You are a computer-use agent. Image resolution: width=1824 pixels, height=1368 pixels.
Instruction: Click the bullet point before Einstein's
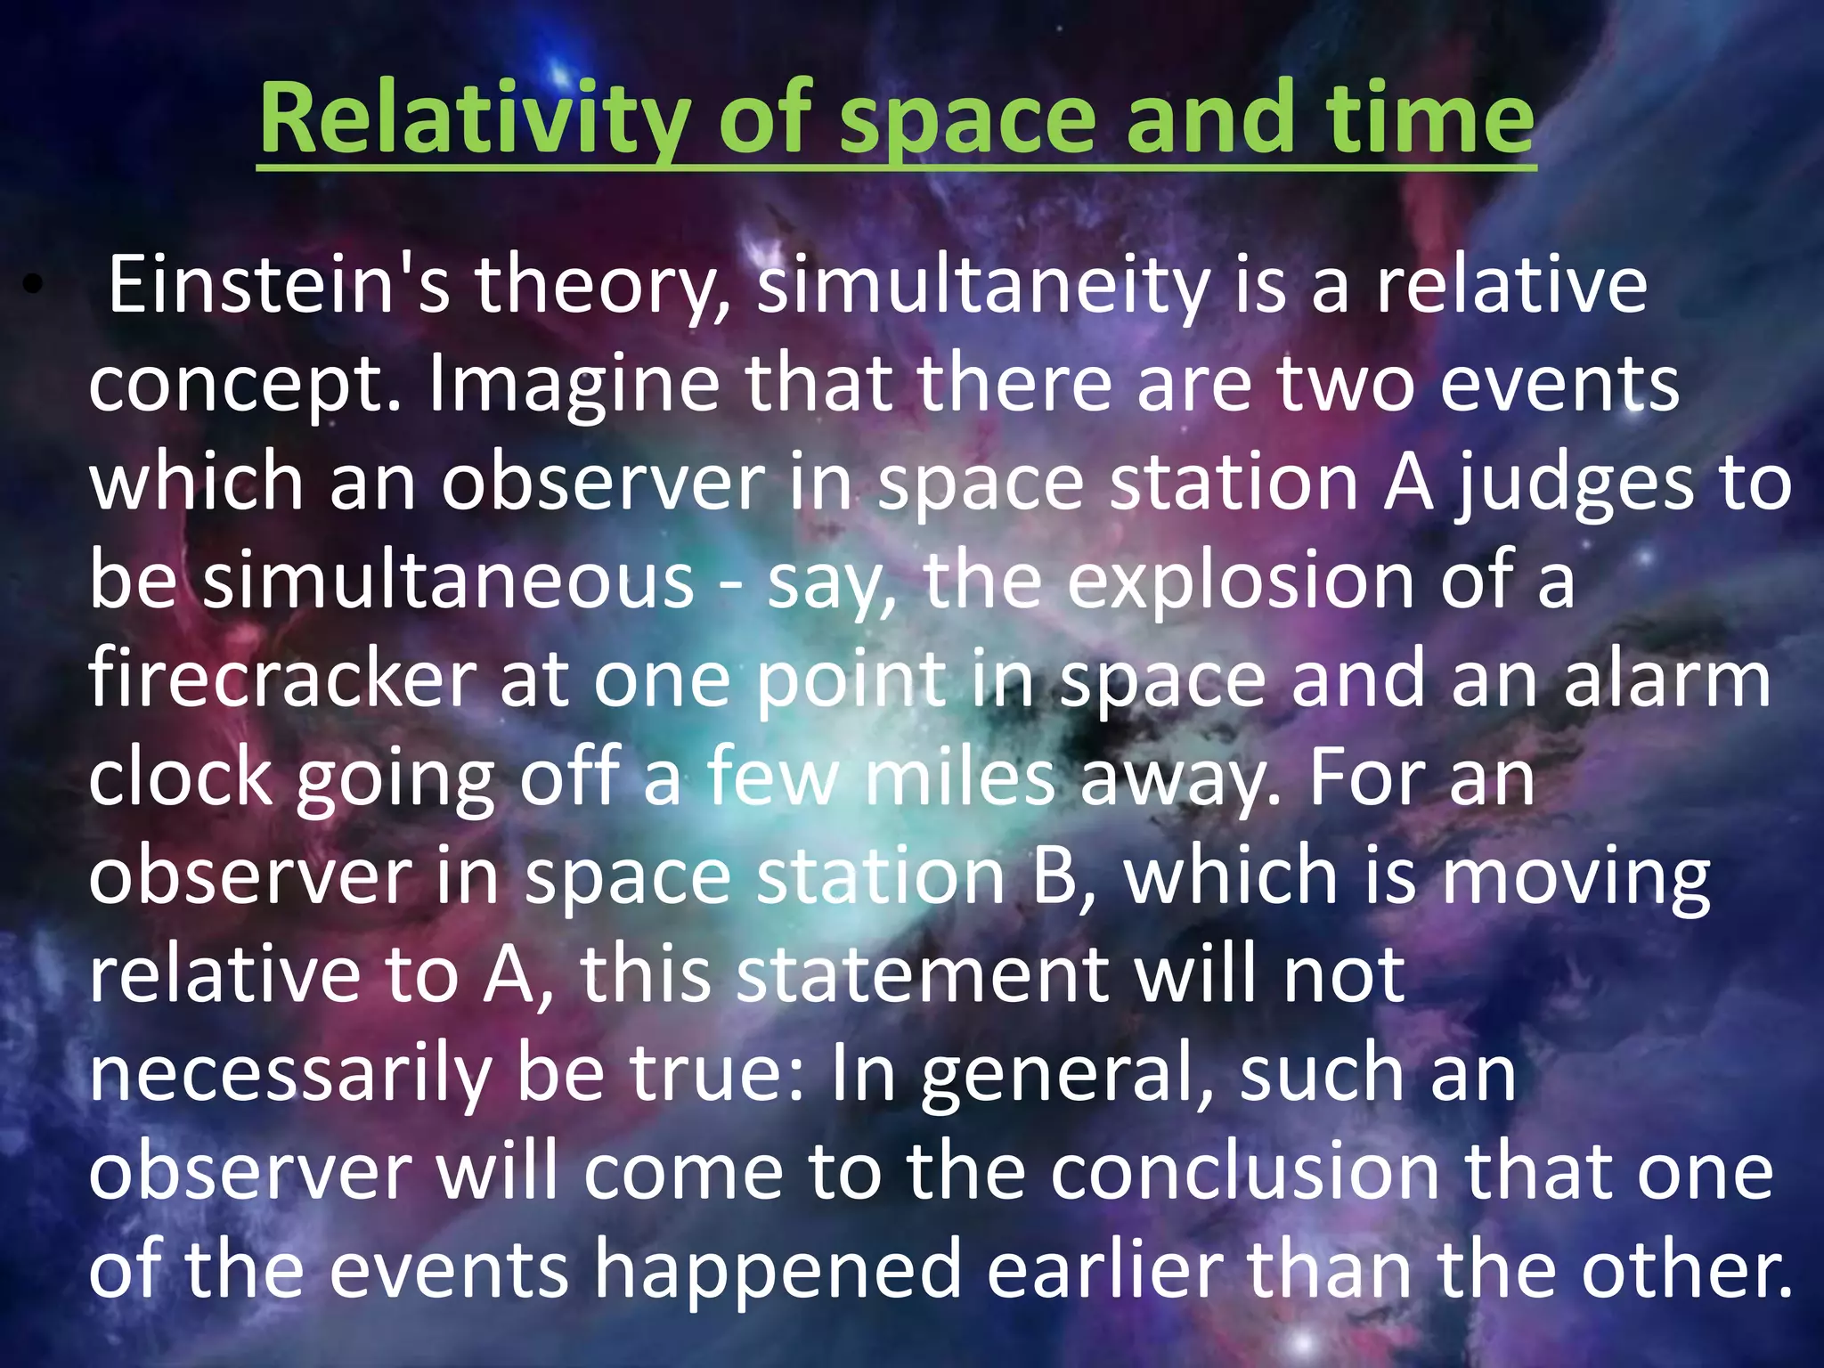[33, 285]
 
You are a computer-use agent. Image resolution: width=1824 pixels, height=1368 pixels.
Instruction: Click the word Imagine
[574, 385]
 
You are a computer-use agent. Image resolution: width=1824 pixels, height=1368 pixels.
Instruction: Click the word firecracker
[281, 680]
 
